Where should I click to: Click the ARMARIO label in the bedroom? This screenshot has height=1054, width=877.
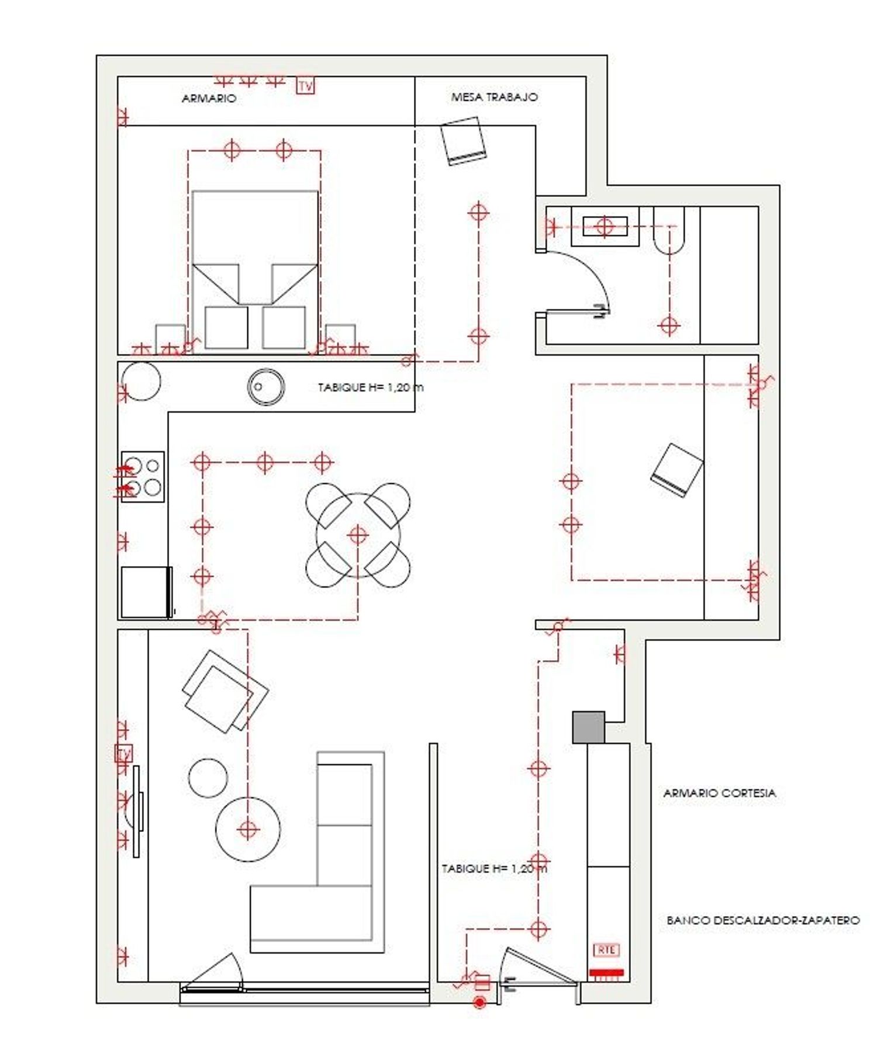pos(209,98)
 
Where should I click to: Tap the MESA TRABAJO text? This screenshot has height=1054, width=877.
pos(494,97)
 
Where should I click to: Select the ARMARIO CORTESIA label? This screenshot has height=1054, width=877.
pos(720,793)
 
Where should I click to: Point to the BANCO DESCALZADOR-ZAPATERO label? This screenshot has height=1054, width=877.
pos(763,920)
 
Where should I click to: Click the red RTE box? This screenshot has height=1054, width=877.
pos(606,951)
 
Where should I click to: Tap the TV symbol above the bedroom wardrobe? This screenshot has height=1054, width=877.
pos(305,86)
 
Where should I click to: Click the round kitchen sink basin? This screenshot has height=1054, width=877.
pos(266,386)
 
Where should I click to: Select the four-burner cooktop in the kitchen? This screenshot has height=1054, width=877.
pos(143,476)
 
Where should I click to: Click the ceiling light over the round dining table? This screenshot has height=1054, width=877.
pos(358,534)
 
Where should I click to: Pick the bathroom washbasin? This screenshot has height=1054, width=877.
pos(605,226)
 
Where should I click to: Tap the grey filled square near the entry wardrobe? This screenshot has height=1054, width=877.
pos(588,727)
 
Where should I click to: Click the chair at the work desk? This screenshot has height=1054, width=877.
pos(464,141)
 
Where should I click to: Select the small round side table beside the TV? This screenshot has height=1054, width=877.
pos(208,778)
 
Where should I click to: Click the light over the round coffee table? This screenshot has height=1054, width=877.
pos(248,828)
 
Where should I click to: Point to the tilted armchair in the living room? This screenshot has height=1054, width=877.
pos(226,691)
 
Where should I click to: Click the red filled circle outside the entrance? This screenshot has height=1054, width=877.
pos(480,1003)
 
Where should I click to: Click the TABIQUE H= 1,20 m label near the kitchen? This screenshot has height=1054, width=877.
pos(371,387)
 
